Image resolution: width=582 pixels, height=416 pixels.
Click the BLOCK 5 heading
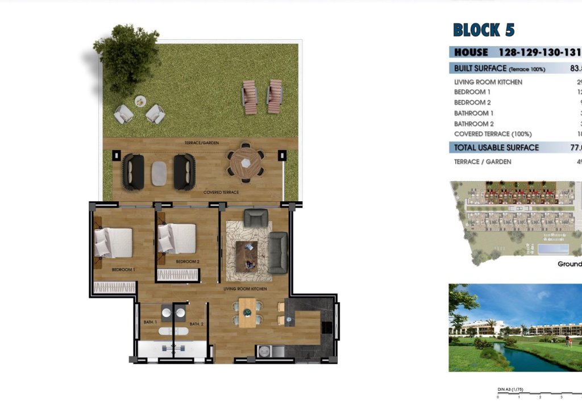click(x=484, y=30)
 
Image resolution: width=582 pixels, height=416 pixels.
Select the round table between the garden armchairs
click(x=140, y=102)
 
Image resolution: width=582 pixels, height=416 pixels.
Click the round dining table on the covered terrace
click(x=246, y=163)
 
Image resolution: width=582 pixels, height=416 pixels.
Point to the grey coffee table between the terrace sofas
click(x=159, y=173)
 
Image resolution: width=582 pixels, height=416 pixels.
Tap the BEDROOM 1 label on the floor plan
click(x=123, y=269)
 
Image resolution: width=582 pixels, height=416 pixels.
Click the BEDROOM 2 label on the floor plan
click(x=188, y=261)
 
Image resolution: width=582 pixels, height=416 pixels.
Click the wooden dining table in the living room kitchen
click(x=247, y=313)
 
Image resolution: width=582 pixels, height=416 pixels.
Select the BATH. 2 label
click(x=196, y=324)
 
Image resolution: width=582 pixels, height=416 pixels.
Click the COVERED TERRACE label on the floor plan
click(x=221, y=193)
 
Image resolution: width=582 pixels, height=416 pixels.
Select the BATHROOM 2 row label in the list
click(x=474, y=124)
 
